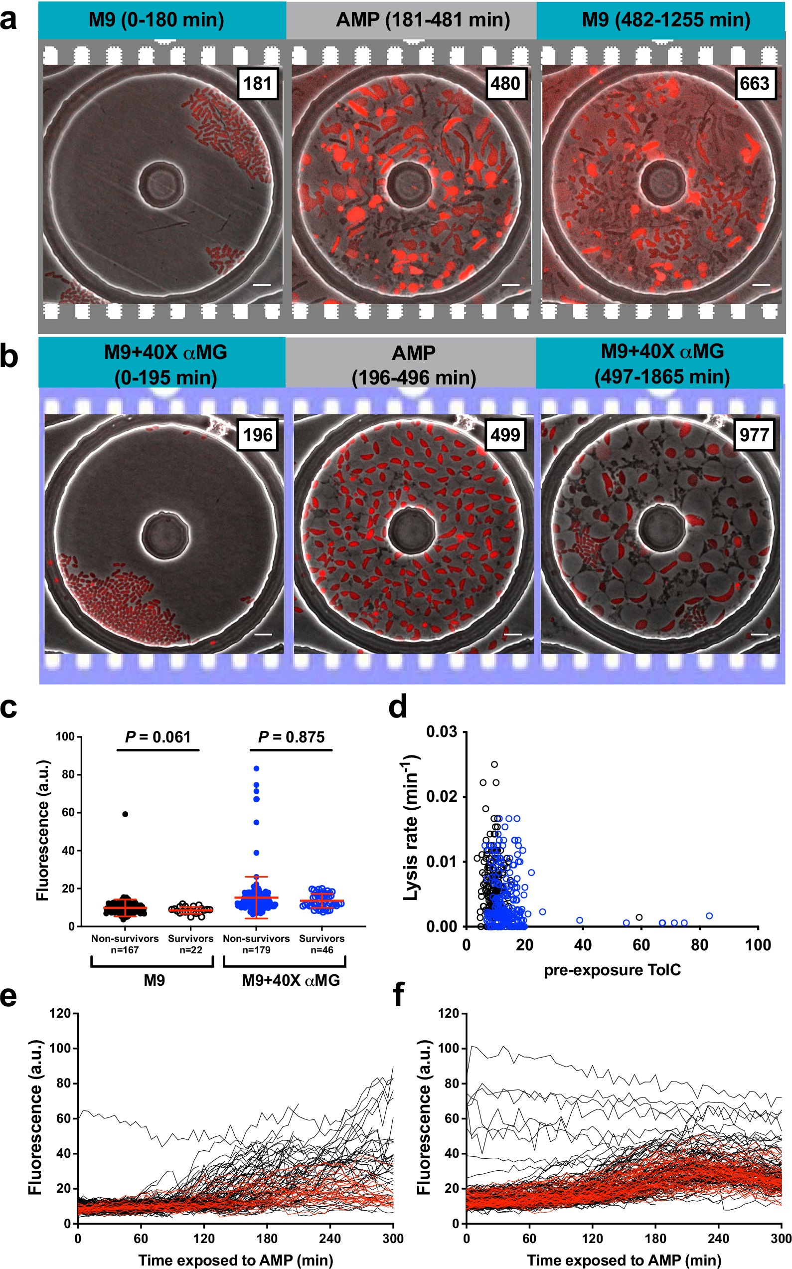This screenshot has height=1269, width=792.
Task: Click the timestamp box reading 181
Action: tap(257, 83)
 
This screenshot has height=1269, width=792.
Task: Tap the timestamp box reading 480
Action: tap(505, 83)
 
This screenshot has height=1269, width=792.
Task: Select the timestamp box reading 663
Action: tap(754, 83)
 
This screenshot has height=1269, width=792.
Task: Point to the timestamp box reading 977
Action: tap(754, 435)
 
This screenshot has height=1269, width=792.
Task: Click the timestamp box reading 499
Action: tap(505, 435)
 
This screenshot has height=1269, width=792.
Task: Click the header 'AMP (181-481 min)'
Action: tap(423, 20)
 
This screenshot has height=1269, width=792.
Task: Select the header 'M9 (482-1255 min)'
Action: tap(666, 20)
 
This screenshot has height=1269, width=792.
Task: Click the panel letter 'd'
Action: tap(398, 708)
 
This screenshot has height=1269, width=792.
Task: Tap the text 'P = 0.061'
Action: tap(158, 737)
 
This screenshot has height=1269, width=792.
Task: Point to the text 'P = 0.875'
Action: tap(291, 737)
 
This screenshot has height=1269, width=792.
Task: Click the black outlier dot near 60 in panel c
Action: tap(125, 814)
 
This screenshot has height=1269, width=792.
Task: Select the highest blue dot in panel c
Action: tap(257, 769)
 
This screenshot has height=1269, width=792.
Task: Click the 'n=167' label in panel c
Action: tap(125, 950)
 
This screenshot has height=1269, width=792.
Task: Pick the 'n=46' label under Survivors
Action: tap(321, 950)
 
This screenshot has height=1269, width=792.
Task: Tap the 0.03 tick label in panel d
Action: tap(441, 732)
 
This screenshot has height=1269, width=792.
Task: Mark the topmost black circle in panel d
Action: tap(494, 764)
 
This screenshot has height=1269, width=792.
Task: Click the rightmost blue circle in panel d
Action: tap(709, 916)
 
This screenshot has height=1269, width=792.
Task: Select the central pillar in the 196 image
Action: tap(165, 536)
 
